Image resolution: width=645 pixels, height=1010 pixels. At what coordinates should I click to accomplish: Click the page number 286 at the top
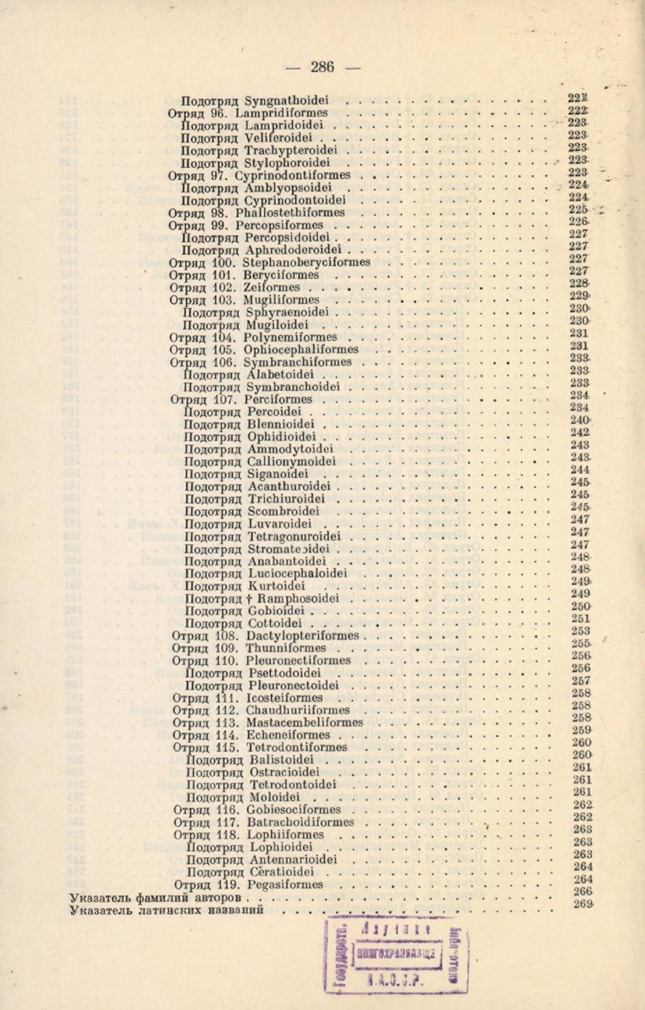click(x=322, y=68)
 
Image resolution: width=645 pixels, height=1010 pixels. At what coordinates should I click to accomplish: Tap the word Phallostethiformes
click(x=290, y=213)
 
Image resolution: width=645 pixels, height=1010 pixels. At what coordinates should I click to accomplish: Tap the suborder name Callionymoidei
click(x=291, y=461)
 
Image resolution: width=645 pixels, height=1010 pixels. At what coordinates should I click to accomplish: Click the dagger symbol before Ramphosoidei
click(x=248, y=599)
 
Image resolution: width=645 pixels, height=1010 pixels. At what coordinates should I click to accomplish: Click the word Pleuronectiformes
click(x=298, y=660)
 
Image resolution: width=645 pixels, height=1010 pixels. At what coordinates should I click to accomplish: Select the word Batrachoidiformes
click(x=301, y=822)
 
